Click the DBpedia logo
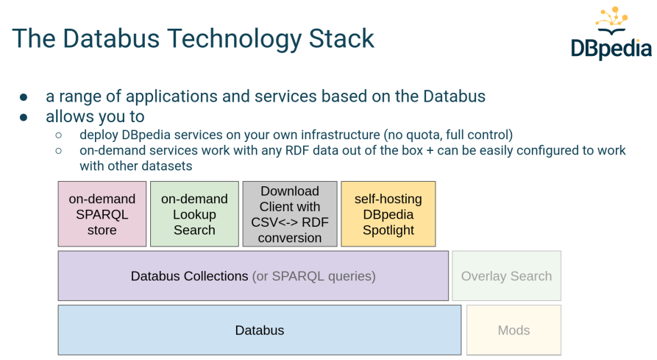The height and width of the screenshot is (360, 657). (x=611, y=33)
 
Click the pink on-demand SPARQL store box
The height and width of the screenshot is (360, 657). (x=102, y=214)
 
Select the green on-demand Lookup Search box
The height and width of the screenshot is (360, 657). (x=194, y=214)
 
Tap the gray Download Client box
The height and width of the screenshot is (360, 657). (x=290, y=214)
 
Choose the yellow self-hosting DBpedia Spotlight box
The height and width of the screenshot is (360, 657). (x=388, y=214)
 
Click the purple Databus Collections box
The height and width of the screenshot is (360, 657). (x=253, y=276)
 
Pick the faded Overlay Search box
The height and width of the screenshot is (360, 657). (x=506, y=276)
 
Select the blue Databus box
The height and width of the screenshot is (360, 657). (x=260, y=331)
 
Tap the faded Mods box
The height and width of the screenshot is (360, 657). (x=514, y=331)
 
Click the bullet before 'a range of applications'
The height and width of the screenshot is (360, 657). (x=24, y=97)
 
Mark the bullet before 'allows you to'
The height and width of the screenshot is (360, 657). (x=24, y=117)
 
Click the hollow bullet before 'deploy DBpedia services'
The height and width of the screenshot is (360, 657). (x=60, y=135)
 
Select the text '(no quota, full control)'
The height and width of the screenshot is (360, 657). (x=447, y=135)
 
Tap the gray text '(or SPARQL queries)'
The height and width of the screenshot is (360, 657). (x=313, y=276)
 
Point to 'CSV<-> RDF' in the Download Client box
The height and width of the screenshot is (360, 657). (x=290, y=222)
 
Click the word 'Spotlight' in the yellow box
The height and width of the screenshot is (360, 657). (x=388, y=230)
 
